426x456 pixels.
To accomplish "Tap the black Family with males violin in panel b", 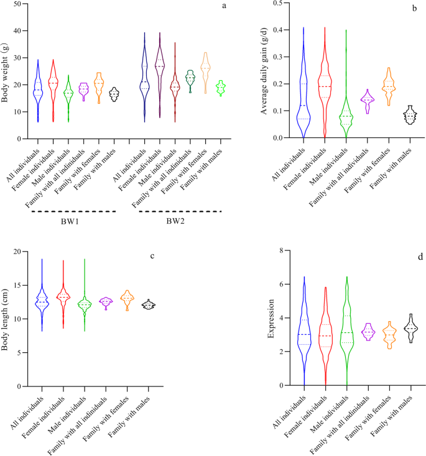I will (x=410, y=116).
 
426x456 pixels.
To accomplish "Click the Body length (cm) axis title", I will (x=7, y=318).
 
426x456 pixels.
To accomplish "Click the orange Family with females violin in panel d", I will (x=389, y=335).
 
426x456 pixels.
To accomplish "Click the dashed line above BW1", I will (x=75, y=212).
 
